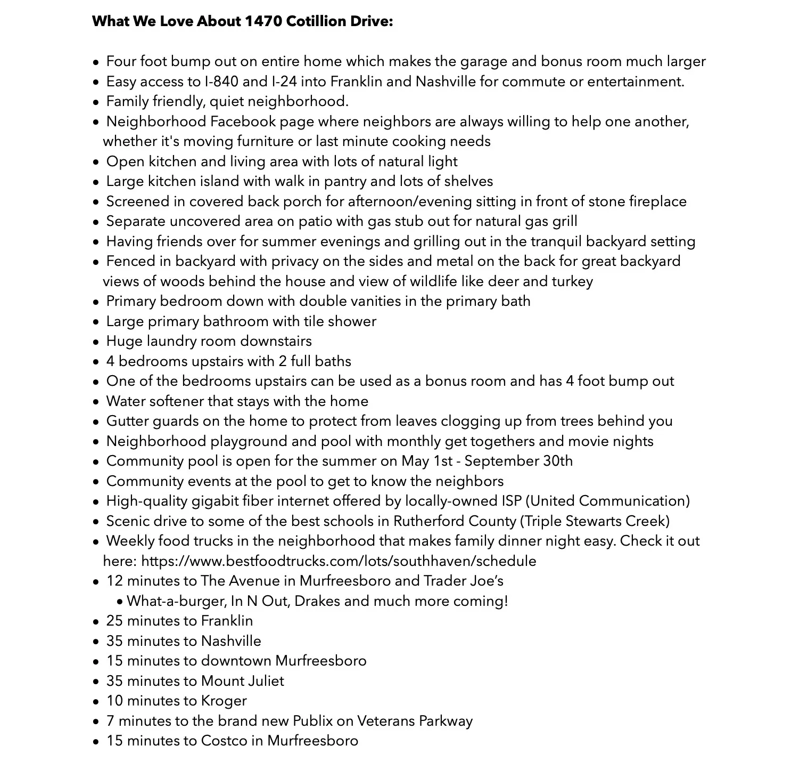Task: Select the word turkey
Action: [572, 281]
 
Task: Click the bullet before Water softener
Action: [96, 402]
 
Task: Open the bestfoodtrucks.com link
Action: [339, 561]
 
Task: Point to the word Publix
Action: [312, 721]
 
